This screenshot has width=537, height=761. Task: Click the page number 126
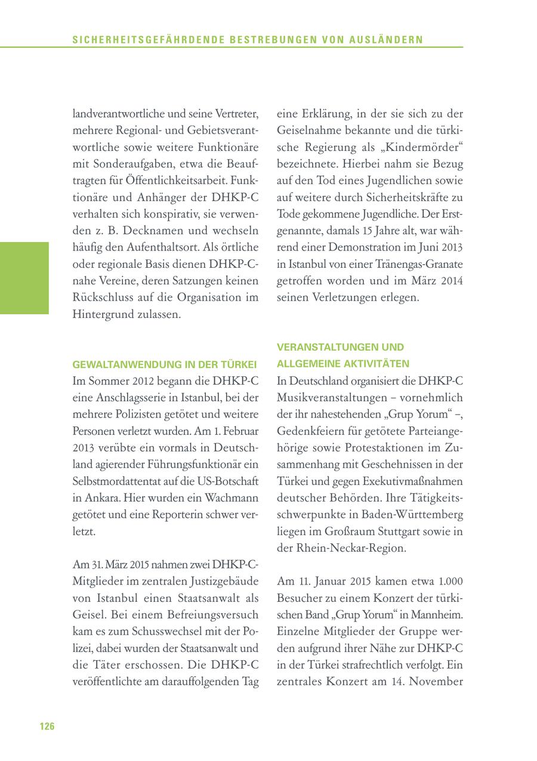click(x=47, y=726)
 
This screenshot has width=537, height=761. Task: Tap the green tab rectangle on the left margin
click(x=24, y=278)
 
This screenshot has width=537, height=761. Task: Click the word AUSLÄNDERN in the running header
click(x=388, y=40)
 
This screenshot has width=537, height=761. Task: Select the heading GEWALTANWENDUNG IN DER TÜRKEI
click(x=165, y=364)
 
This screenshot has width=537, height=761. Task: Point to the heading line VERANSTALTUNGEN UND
click(x=340, y=347)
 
